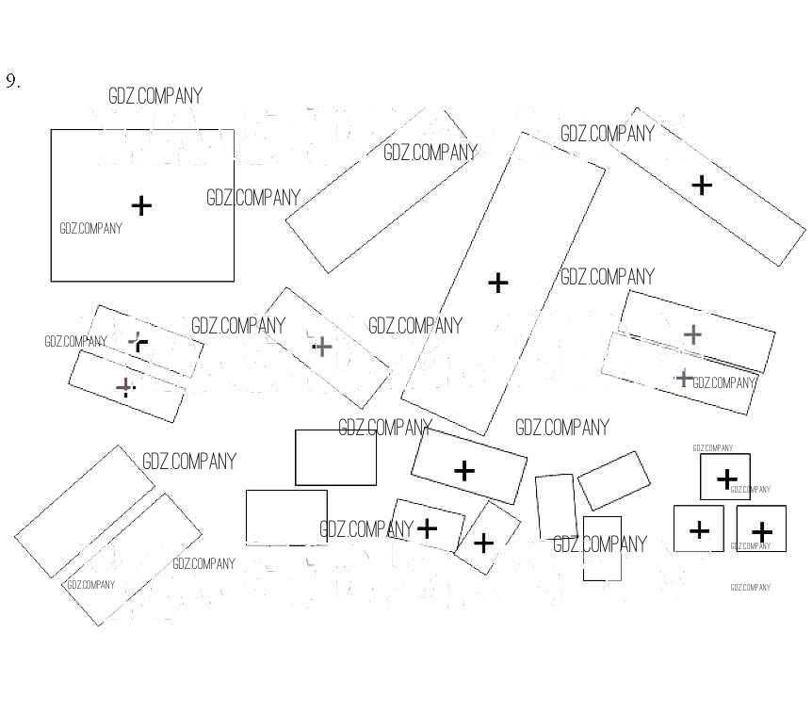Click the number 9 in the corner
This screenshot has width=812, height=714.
pyautogui.click(x=12, y=81)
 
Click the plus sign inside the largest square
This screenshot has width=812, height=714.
pyautogui.click(x=141, y=205)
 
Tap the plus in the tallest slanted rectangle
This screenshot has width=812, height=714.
pyautogui.click(x=497, y=282)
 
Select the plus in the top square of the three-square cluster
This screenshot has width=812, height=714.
pyautogui.click(x=726, y=479)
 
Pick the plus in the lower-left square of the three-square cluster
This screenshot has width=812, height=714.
pyautogui.click(x=699, y=530)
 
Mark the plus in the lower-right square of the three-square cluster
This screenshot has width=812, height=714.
pyautogui.click(x=762, y=532)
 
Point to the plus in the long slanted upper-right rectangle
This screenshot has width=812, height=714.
pyautogui.click(x=702, y=185)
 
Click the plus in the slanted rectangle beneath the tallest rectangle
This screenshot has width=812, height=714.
pyautogui.click(x=464, y=470)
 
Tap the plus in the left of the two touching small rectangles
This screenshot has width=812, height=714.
pyautogui.click(x=427, y=527)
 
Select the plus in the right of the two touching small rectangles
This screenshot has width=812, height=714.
pyautogui.click(x=483, y=543)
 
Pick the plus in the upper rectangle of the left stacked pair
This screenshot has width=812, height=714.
pyautogui.click(x=138, y=342)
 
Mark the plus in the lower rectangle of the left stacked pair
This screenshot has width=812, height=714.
pyautogui.click(x=124, y=387)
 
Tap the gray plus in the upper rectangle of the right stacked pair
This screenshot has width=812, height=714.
pyautogui.click(x=692, y=333)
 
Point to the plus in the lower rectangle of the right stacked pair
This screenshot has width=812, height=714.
pyautogui.click(x=685, y=378)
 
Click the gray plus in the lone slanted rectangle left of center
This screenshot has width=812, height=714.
pyautogui.click(x=322, y=347)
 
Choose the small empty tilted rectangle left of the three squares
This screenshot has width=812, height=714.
pyautogui.click(x=614, y=480)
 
